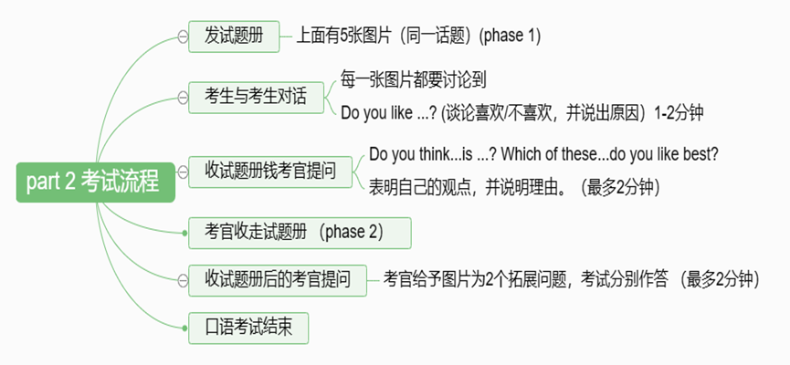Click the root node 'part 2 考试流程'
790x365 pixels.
[x=96, y=182]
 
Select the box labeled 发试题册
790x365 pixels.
[x=234, y=36]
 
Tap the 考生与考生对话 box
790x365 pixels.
[x=256, y=97]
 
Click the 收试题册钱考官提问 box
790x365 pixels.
[x=270, y=172]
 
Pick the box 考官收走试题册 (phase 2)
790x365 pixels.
[x=300, y=233]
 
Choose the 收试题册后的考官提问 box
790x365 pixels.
[x=278, y=280]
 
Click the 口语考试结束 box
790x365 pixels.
[x=248, y=328]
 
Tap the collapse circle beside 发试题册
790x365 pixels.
[x=183, y=36]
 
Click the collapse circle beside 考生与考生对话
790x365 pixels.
[x=183, y=97]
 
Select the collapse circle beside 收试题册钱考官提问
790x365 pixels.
[x=183, y=172]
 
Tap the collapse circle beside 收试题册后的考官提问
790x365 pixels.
[x=183, y=280]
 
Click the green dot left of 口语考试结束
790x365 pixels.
[x=184, y=328]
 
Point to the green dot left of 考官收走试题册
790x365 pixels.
[x=184, y=233]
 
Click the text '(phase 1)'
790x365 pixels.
[x=510, y=36]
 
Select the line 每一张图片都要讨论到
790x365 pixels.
[x=413, y=80]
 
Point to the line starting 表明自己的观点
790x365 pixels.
[x=514, y=188]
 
